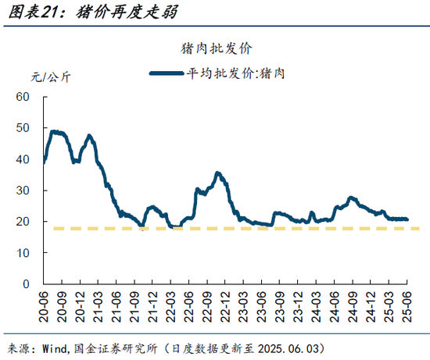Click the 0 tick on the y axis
pyautogui.click(x=25, y=284)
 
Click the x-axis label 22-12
pyautogui.click(x=224, y=307)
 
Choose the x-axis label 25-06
pyautogui.click(x=407, y=307)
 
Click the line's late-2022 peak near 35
pyautogui.click(x=218, y=173)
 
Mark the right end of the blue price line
pyautogui.click(x=407, y=219)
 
